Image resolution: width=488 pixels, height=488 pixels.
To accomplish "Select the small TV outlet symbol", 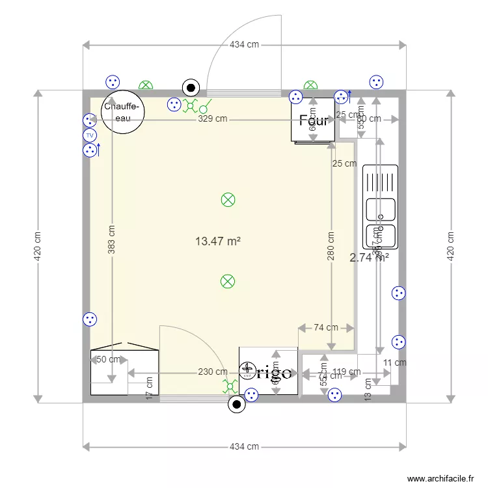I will point(90,135).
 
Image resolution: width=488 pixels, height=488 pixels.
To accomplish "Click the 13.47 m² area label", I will point(218,241).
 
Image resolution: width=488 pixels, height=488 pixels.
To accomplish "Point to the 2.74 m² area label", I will point(369,257).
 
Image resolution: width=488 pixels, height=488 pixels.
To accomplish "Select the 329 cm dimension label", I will point(213,119).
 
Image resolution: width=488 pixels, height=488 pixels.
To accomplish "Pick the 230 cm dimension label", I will point(213,372).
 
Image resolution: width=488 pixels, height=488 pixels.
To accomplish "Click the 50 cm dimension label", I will point(109,359).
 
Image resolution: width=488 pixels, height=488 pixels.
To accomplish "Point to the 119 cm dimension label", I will point(346,372).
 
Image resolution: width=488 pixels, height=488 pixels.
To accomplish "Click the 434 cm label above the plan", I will point(244,44).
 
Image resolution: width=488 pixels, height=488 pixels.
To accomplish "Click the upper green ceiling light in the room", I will point(228,200).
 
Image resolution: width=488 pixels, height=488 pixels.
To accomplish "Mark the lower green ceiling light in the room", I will point(228,281).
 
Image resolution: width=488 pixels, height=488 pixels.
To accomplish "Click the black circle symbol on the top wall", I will point(191,87).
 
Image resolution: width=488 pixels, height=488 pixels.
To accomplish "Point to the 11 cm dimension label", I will point(394,363).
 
